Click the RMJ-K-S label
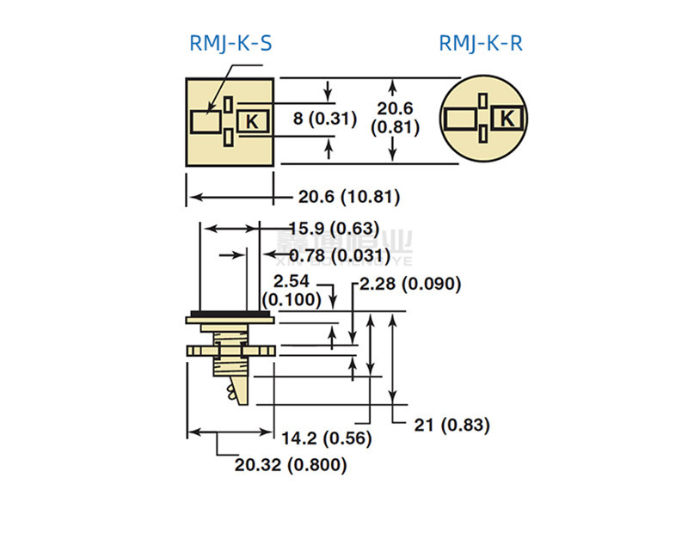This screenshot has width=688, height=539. [230, 43]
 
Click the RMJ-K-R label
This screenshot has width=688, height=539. [480, 43]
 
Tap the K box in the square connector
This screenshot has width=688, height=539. [252, 121]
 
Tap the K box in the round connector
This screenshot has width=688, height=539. [507, 118]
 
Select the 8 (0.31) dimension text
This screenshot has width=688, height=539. [324, 119]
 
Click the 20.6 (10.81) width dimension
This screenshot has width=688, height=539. [349, 197]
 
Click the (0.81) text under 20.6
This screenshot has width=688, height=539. [394, 127]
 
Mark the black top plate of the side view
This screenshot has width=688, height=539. [230, 314]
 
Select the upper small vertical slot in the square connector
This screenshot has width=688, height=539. [228, 104]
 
